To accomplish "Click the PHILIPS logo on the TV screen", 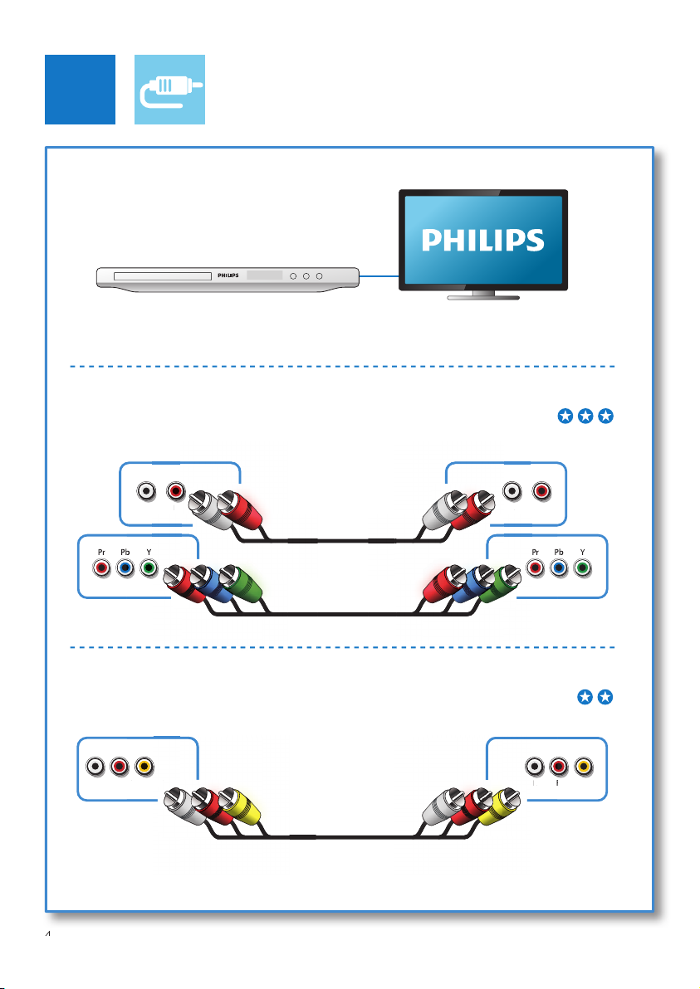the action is coord(483,241).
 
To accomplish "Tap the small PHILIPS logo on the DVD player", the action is coord(228,275).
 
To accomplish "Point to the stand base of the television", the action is coord(483,296).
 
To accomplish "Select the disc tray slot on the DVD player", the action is coord(162,276).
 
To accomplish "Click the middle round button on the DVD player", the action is coord(306,276).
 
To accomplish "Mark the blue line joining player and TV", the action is coord(379,276).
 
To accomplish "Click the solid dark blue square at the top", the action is coord(81,90).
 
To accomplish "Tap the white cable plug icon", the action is coord(169,90).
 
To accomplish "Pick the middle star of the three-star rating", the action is coord(585,416).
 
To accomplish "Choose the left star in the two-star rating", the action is coord(585,697).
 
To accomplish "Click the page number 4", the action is coord(48,934).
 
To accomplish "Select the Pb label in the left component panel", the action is coord(125,552).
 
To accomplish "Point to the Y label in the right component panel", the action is coord(583,552).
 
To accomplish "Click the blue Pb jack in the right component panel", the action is coord(559,568).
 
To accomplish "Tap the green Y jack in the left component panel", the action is coord(149,568).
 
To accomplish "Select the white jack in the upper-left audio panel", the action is coord(146,490).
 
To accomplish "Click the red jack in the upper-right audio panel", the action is coord(541,490).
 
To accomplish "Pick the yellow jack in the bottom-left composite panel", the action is coord(144,767).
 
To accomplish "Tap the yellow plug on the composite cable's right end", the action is coord(499,806).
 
